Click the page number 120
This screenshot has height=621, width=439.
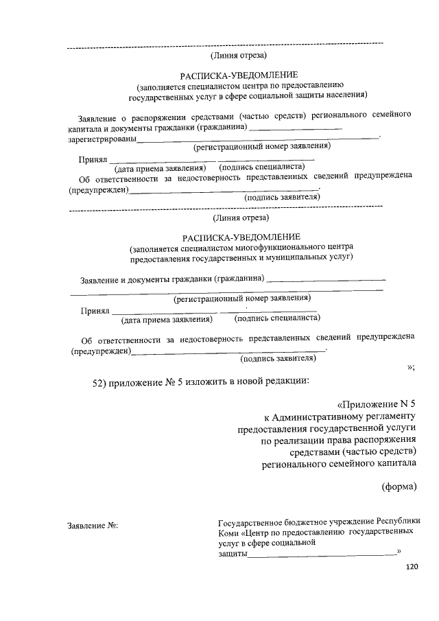tap(412, 567)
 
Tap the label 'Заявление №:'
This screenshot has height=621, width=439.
tap(93, 525)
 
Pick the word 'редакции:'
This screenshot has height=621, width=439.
tap(287, 382)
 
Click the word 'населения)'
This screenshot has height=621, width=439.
tap(344, 95)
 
